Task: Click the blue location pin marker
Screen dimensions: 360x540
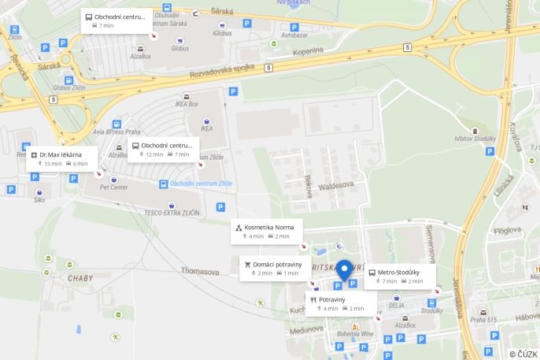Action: tap(344, 269)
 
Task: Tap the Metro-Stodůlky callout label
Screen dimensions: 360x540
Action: tap(400, 276)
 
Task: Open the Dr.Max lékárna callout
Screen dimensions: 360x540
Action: tap(60, 158)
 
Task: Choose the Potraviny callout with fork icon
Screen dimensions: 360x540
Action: tap(341, 303)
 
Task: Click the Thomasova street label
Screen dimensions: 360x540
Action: tap(200, 271)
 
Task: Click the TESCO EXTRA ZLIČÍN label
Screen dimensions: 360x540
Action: tap(172, 213)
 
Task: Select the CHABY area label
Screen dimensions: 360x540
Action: tap(80, 278)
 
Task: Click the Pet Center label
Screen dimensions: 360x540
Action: tap(114, 188)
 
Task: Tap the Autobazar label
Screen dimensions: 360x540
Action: tap(294, 35)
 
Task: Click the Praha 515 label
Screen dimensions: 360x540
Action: tap(484, 320)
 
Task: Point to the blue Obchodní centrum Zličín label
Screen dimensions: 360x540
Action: tap(195, 184)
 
